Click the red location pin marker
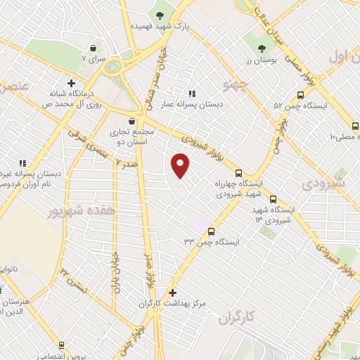[181, 165]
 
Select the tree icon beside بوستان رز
[262, 49]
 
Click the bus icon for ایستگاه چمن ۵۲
[300, 95]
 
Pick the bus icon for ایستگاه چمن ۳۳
[212, 231]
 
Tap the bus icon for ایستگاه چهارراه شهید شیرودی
[238, 173]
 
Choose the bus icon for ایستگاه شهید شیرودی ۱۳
[274, 199]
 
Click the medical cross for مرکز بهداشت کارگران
[173, 292]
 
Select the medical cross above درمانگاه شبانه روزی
[71, 83]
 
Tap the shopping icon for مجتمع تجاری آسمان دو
[131, 121]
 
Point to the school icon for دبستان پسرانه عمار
[192, 94]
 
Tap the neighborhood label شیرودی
[323, 184]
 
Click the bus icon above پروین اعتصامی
[62, 345]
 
